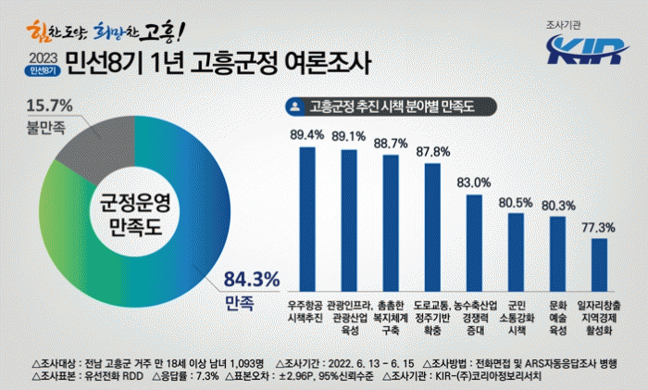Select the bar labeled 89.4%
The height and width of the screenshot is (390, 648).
307,220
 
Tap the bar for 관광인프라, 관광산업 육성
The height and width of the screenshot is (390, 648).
349,220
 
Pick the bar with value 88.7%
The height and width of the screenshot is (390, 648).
391,222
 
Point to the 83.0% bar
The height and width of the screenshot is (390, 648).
475,243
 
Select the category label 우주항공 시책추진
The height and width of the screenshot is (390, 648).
307,310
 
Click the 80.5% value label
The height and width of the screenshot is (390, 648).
517,202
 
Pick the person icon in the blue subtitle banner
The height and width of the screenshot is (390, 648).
295,107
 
